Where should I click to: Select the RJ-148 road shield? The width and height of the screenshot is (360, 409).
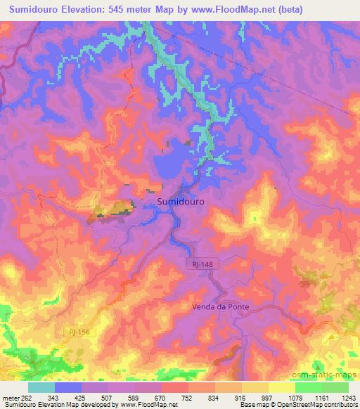(200, 264)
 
